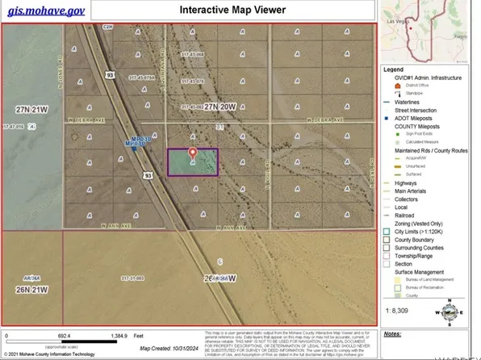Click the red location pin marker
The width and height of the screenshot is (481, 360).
(192, 153)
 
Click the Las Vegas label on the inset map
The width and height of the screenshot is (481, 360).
(420, 21)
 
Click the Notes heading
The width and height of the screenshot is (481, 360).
(393, 333)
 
